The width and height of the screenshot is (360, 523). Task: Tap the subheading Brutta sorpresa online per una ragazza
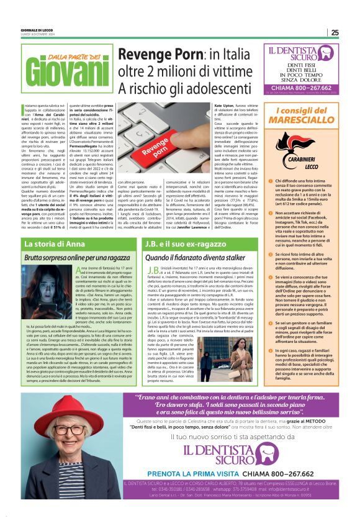(x=76, y=257)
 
